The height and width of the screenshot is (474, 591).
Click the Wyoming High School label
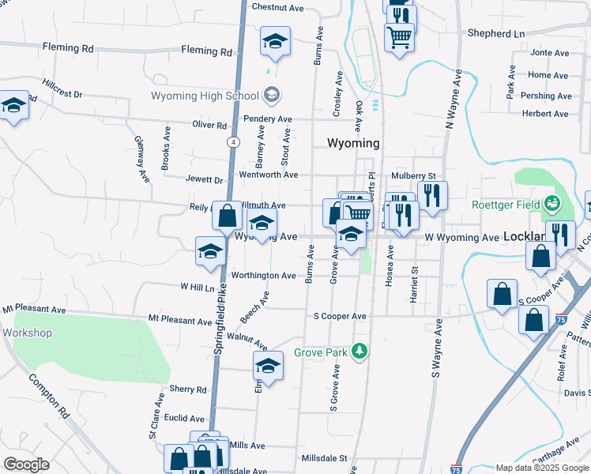[205, 96]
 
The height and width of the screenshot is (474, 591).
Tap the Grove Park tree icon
[361, 350]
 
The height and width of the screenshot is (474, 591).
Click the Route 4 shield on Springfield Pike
[234, 142]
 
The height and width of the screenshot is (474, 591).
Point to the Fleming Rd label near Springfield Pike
[206, 51]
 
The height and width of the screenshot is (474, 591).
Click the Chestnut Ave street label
[277, 7]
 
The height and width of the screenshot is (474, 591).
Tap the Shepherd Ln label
[495, 34]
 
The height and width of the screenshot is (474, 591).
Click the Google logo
[27, 464]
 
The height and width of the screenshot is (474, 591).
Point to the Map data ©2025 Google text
[541, 468]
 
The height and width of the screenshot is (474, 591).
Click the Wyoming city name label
[353, 144]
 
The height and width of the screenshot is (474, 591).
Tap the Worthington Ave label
[263, 276]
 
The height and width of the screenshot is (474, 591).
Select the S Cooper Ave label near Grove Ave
[340, 316]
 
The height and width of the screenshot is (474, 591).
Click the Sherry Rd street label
[188, 389]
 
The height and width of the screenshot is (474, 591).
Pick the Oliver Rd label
[209, 125]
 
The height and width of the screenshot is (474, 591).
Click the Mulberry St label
[413, 175]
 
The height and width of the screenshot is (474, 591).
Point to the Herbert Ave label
[545, 114]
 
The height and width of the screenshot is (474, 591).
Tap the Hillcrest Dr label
[63, 88]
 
